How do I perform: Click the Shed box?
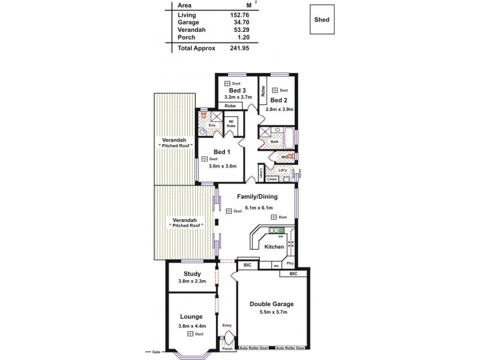322,19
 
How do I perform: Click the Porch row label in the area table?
187,37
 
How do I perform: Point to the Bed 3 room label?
238,90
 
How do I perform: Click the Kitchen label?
274,247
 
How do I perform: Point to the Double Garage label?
272,304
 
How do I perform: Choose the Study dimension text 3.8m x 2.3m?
192,281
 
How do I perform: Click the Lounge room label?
191,316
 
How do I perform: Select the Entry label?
227,326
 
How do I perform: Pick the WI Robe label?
230,122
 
